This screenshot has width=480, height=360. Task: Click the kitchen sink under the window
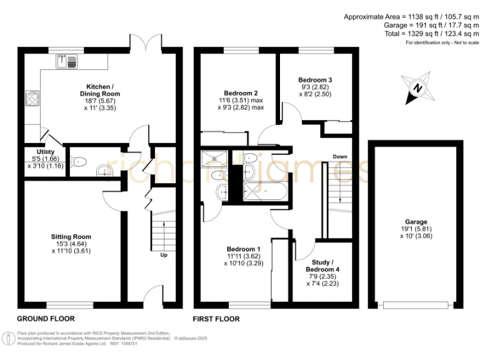(67, 61)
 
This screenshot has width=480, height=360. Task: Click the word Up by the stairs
(163, 255)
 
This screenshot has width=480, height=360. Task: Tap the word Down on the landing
(340, 156)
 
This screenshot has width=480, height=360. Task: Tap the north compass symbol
(417, 88)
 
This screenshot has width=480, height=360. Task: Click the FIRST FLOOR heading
(216, 319)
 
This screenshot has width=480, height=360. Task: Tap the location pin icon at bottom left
(9, 338)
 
